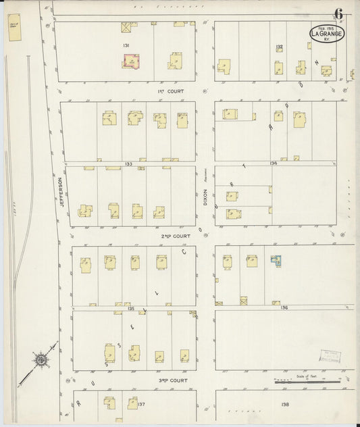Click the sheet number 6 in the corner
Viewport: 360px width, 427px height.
pyautogui.click(x=338, y=14)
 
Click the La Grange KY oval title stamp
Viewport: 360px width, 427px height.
pyautogui.click(x=326, y=34)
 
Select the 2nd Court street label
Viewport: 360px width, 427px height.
pyautogui.click(x=172, y=236)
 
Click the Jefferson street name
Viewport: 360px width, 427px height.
pyautogui.click(x=61, y=192)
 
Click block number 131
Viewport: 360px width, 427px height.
pyautogui.click(x=126, y=45)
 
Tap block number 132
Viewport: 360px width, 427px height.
pyautogui.click(x=278, y=47)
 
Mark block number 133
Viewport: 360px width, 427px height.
pyautogui.click(x=128, y=164)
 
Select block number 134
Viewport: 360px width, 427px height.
pyautogui.click(x=273, y=163)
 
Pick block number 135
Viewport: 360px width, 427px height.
pyautogui.click(x=132, y=308)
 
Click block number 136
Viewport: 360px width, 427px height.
pyautogui.click(x=284, y=307)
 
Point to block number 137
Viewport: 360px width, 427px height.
pyautogui.click(x=141, y=404)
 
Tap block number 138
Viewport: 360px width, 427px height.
pyautogui.click(x=285, y=404)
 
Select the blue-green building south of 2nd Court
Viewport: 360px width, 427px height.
pyautogui.click(x=276, y=261)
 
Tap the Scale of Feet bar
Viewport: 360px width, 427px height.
pyautogui.click(x=307, y=382)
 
